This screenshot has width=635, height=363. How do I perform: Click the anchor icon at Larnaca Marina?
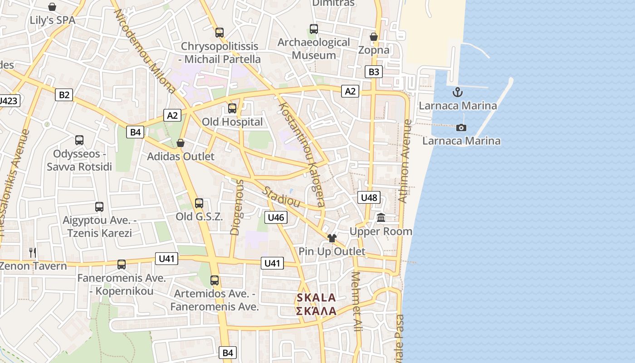tap(458, 93)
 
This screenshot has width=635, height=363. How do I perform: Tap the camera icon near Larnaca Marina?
tap(461, 128)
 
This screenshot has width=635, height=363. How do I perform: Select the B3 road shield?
tap(374, 72)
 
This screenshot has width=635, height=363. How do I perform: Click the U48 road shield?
tap(369, 197)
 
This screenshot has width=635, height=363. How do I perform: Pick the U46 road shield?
tap(276, 217)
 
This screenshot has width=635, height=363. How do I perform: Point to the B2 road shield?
tap(64, 95)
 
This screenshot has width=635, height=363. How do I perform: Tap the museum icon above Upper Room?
tap(381, 218)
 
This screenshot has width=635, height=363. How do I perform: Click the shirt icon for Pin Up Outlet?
tap(332, 238)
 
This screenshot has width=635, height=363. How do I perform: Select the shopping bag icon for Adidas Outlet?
tap(181, 143)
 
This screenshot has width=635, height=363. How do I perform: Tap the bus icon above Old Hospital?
tap(232, 108)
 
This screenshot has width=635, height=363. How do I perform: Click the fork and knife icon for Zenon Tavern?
tap(32, 252)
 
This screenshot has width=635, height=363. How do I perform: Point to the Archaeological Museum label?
tap(314, 49)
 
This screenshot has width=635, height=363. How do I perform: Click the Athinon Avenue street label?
tap(405, 161)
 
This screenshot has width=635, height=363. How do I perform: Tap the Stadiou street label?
tap(282, 197)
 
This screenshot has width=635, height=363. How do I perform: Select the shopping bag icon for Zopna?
tap(374, 37)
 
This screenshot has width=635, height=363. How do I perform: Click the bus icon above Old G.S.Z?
tap(199, 203)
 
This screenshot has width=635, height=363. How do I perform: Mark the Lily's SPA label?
tap(53, 20)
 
